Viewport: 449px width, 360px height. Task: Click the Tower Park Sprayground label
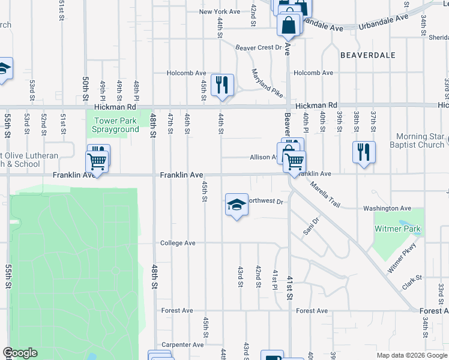115,125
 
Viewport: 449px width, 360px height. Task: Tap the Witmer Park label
397,229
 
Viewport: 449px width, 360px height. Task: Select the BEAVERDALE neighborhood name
368,55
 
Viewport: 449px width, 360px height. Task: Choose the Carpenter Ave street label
182,345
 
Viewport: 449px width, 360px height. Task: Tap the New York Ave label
220,11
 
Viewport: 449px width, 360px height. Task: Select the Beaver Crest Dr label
258,47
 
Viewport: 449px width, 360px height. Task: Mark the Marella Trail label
325,196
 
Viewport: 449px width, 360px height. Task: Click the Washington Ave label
387,208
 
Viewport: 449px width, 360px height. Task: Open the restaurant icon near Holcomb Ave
223,85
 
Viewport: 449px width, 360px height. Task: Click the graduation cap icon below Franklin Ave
237,205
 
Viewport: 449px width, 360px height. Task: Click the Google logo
20,353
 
